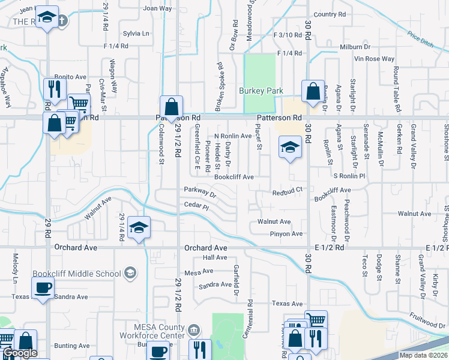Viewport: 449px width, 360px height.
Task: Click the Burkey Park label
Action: point(261,91)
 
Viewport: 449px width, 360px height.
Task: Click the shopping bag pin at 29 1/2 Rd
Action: point(171,107)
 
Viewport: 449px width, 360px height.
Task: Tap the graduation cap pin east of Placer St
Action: point(290,147)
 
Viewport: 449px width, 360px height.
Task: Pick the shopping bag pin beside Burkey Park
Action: point(313,92)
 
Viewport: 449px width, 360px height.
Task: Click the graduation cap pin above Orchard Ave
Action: point(139,228)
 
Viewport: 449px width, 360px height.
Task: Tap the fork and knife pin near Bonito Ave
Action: point(54,89)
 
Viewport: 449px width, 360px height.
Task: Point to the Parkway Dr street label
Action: point(200,192)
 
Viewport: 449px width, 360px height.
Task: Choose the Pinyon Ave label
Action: point(286,233)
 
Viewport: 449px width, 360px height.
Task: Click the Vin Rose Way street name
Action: point(375,59)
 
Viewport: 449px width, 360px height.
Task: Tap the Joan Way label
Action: point(157,8)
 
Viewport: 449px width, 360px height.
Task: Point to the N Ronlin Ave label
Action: point(233,136)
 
